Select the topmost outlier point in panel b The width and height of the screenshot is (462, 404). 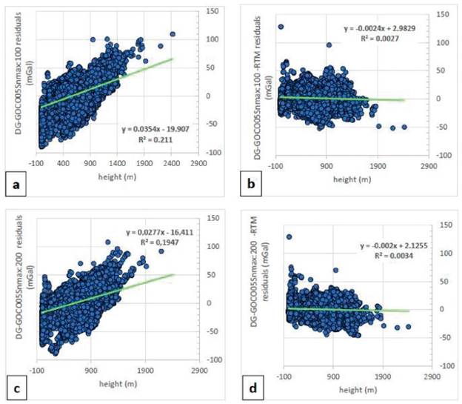coord(281,27)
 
